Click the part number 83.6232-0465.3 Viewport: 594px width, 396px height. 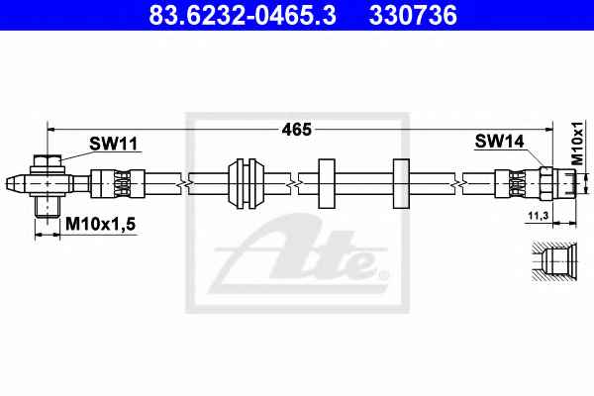pyautogui.click(x=243, y=15)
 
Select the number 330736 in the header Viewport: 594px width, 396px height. pyautogui.click(x=413, y=15)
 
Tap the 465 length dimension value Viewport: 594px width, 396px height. pyautogui.click(x=297, y=130)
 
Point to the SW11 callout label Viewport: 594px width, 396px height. pyautogui.click(x=113, y=144)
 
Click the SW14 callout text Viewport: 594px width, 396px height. pyautogui.click(x=499, y=142)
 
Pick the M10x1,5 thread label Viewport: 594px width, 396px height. pyautogui.click(x=100, y=224)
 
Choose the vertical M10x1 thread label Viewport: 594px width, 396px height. pyautogui.click(x=577, y=144)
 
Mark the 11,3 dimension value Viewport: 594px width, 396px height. pyautogui.click(x=539, y=216)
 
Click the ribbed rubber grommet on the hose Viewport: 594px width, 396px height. pyautogui.click(x=246, y=183)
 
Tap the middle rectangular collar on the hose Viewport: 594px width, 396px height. pyautogui.click(x=326, y=183)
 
